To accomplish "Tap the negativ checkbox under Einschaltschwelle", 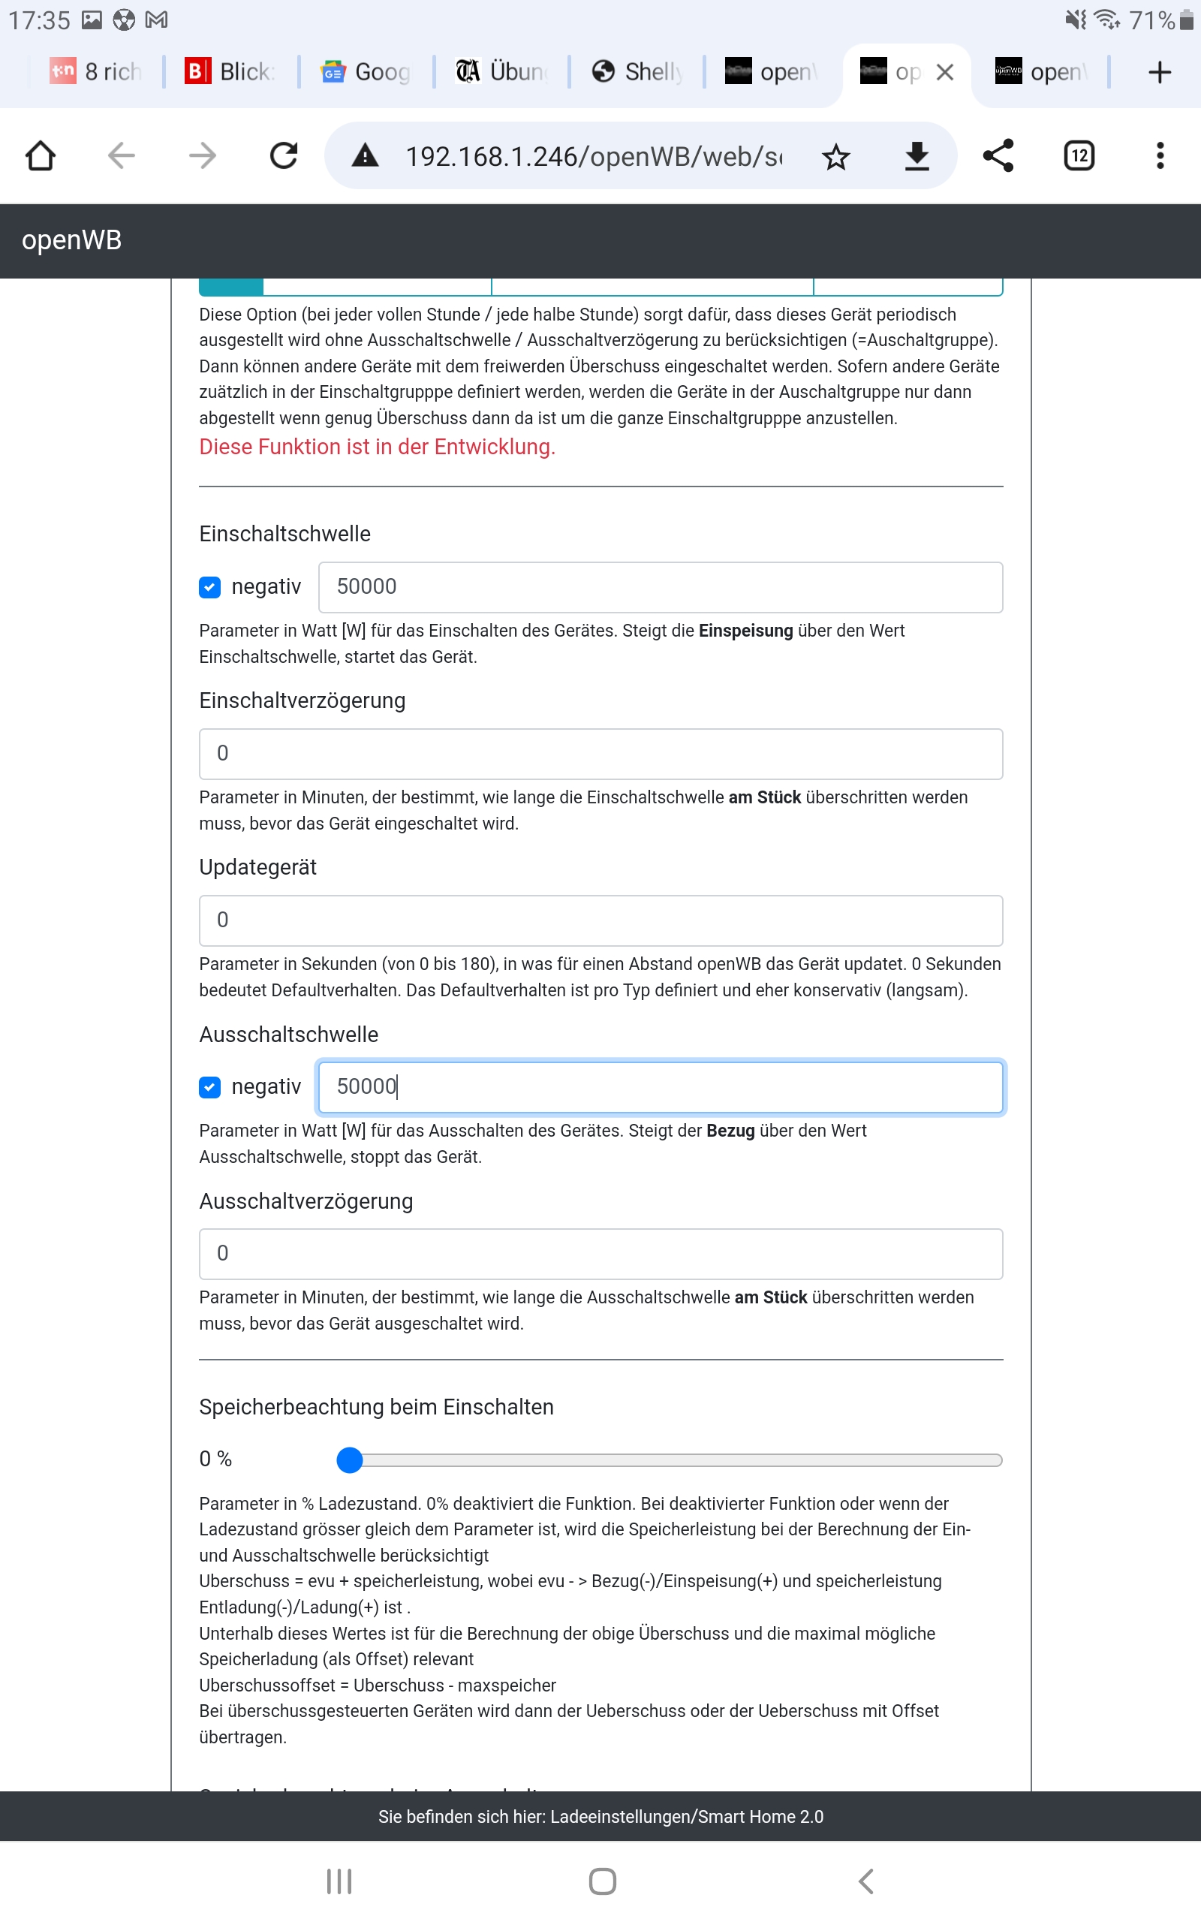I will pos(209,587).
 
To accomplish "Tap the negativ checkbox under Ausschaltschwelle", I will pos(209,1086).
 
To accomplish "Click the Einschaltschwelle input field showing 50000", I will pos(660,587).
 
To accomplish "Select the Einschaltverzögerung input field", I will pos(600,753).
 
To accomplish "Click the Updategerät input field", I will pos(600,920).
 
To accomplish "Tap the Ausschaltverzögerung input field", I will pos(600,1253).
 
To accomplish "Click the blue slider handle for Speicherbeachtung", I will pos(350,1460).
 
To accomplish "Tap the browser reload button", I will pos(284,155).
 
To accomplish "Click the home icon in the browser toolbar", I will pos(41,155).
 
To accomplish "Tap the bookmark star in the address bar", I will pos(835,156).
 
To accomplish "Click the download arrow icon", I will pos(917,155).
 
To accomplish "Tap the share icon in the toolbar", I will pos(998,155).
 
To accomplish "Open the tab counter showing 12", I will pos(1079,155).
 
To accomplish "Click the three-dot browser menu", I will pos(1160,155).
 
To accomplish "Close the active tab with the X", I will pos(944,72).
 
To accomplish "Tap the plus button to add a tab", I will pos(1160,72).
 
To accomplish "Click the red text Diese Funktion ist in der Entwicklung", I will pos(377,447).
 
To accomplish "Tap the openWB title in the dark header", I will pos(71,239).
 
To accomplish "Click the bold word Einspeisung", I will pos(745,631).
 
